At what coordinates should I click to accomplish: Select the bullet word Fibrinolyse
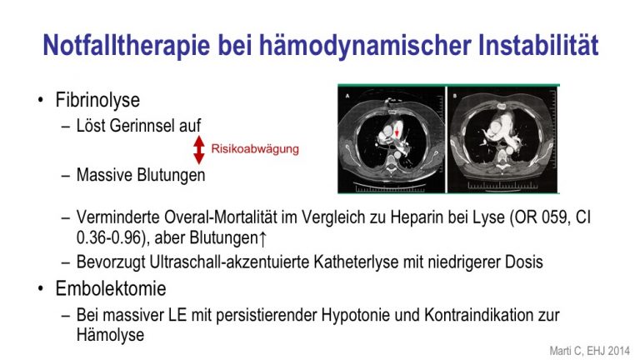pos(97,100)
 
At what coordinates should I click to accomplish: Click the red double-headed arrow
pos(199,150)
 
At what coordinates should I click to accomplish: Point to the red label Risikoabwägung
pos(255,148)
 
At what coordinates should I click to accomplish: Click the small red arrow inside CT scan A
pos(397,132)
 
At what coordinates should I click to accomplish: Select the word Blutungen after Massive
pos(171,175)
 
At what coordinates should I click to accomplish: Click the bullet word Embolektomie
pos(111,288)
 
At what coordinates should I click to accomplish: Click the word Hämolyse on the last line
pos(110,335)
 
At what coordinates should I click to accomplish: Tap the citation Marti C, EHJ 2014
pos(590,351)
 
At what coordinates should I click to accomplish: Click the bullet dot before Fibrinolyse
pos(40,100)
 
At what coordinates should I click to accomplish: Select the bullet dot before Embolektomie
pos(40,288)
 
